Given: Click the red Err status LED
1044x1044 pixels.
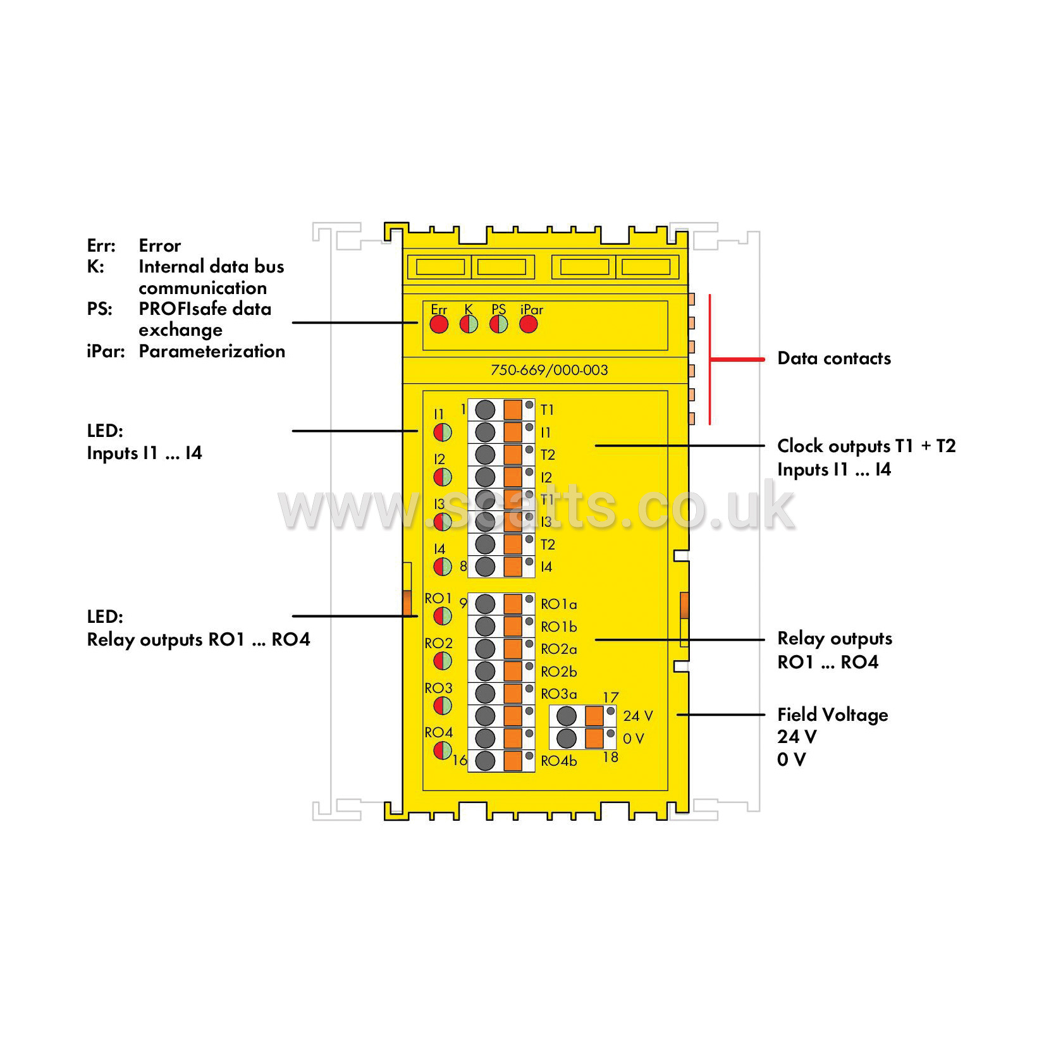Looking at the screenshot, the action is (439, 324).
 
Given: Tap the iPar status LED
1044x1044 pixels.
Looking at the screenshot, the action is (528, 324).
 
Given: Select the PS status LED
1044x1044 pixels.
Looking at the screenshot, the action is (498, 324).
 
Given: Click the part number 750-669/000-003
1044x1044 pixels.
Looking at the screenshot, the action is (549, 370).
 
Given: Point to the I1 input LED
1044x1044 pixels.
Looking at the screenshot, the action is (442, 433).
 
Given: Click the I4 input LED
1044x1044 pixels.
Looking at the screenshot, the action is (442, 567).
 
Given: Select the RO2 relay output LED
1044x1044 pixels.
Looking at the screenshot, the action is (442, 661).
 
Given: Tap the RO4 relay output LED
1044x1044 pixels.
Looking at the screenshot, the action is (442, 751).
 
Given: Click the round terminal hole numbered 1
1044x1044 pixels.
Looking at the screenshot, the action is (485, 410).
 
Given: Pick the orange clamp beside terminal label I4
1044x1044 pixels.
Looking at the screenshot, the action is (513, 567).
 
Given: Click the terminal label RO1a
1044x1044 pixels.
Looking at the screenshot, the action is (558, 605).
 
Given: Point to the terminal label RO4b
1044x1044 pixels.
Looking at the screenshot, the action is (558, 761).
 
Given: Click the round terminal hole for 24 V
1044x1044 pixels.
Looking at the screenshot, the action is (566, 716).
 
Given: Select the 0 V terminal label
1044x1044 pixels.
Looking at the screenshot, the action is (633, 739).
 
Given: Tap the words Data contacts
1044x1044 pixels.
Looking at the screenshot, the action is (834, 359).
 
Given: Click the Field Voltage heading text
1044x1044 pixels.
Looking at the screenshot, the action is (833, 715).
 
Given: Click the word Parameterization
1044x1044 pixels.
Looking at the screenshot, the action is (212, 351).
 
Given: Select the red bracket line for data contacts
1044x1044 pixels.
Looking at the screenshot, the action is (710, 359).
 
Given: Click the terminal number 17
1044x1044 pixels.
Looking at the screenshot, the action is (610, 697).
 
